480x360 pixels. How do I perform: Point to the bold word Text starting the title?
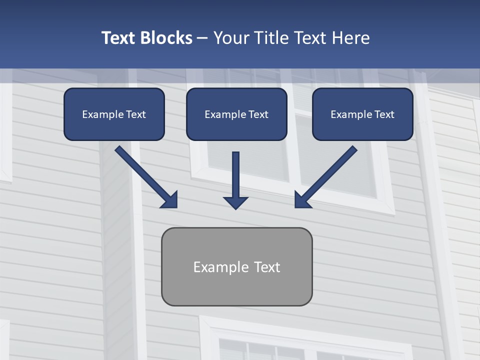119,38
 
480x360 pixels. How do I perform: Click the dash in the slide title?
202,38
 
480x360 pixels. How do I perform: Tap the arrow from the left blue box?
142,174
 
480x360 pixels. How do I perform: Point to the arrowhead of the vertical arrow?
235,202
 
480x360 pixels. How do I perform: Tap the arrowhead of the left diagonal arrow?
170,200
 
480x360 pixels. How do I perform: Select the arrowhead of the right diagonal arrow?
301,200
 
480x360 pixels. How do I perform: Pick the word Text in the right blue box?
384,114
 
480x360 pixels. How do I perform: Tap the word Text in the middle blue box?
258,114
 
